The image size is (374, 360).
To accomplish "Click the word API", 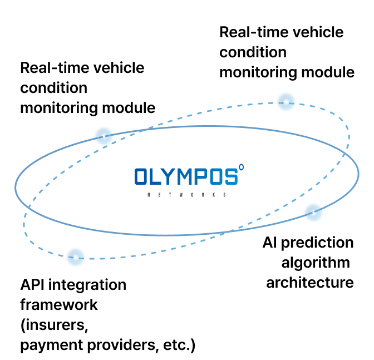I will pyautogui.click(x=33, y=285).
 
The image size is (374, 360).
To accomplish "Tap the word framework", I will pyautogui.click(x=59, y=305).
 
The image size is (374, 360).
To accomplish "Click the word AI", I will pyautogui.click(x=270, y=243).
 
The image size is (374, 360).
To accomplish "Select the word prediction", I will pyautogui.click(x=320, y=243).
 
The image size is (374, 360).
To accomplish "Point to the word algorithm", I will pyautogui.click(x=316, y=262).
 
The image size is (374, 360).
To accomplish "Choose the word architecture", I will pyautogui.click(x=309, y=282).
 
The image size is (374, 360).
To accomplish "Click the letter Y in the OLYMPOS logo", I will pyautogui.click(x=171, y=177).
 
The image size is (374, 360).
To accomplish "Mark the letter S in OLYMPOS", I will pyautogui.click(x=231, y=177).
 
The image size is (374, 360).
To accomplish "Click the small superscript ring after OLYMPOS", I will pyautogui.click(x=241, y=166).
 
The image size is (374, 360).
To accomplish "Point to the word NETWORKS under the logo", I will pyautogui.click(x=186, y=195).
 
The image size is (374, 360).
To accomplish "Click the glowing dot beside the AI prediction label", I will pyautogui.click(x=313, y=211).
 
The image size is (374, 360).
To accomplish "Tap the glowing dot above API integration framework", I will pyautogui.click(x=75, y=257).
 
